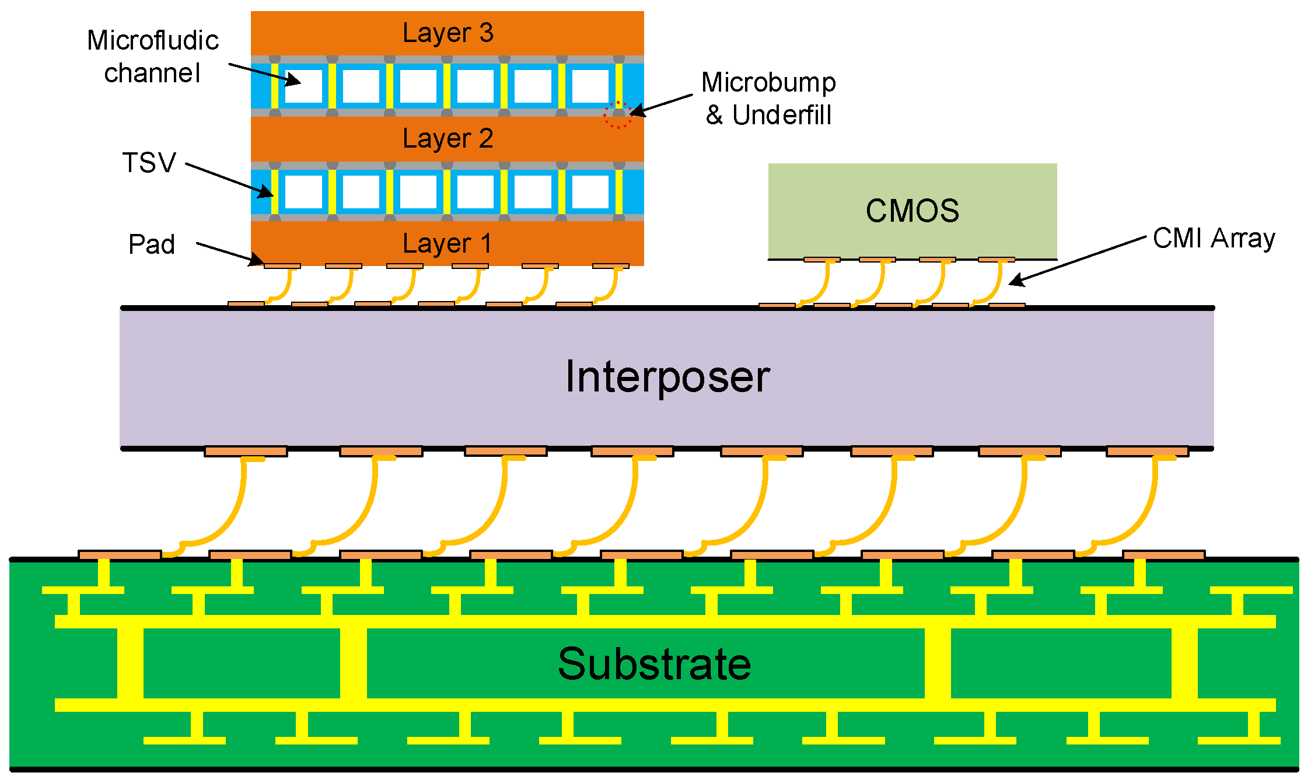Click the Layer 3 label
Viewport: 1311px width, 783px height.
tap(448, 33)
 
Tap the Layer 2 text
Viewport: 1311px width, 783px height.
tap(448, 139)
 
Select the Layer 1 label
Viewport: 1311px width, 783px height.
tap(448, 243)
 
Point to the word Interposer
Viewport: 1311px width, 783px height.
tap(667, 377)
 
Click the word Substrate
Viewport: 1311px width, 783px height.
tap(654, 664)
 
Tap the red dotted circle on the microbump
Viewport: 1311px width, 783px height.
tap(617, 114)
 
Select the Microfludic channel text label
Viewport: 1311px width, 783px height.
tap(152, 57)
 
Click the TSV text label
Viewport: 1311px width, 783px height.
tap(149, 163)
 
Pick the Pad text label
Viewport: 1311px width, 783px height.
tap(152, 244)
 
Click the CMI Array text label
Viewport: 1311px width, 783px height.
tap(1214, 239)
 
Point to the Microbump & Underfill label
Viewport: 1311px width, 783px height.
tap(768, 99)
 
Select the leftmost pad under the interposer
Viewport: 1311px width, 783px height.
tap(246, 452)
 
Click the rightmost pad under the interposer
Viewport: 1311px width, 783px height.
tap(1147, 452)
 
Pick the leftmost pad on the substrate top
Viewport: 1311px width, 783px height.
tap(120, 555)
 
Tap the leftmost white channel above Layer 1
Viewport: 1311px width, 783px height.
tap(303, 191)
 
